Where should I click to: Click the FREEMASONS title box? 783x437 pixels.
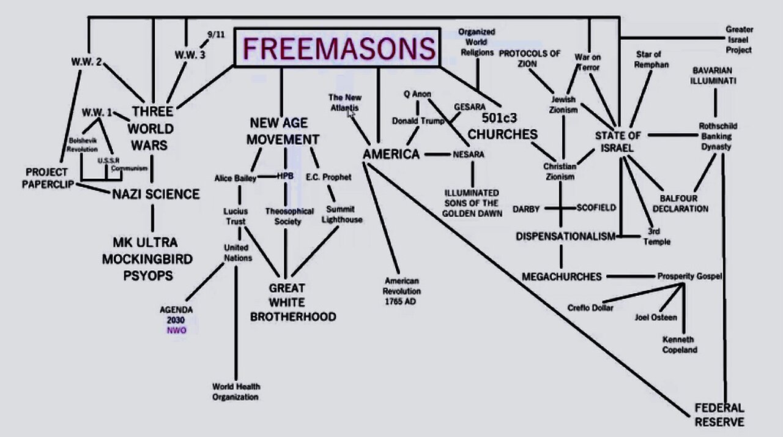[x=338, y=48]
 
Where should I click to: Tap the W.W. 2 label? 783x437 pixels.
[x=86, y=62]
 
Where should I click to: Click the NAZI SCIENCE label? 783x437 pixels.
[x=156, y=195]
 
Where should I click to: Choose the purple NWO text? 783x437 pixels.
[x=177, y=331]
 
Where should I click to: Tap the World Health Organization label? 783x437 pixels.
[x=236, y=392]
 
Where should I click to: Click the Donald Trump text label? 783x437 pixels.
[x=418, y=121]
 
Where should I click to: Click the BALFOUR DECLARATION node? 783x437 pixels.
[x=683, y=203]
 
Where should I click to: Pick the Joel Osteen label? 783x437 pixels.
[x=656, y=317]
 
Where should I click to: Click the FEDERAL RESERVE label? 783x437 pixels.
[x=719, y=415]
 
